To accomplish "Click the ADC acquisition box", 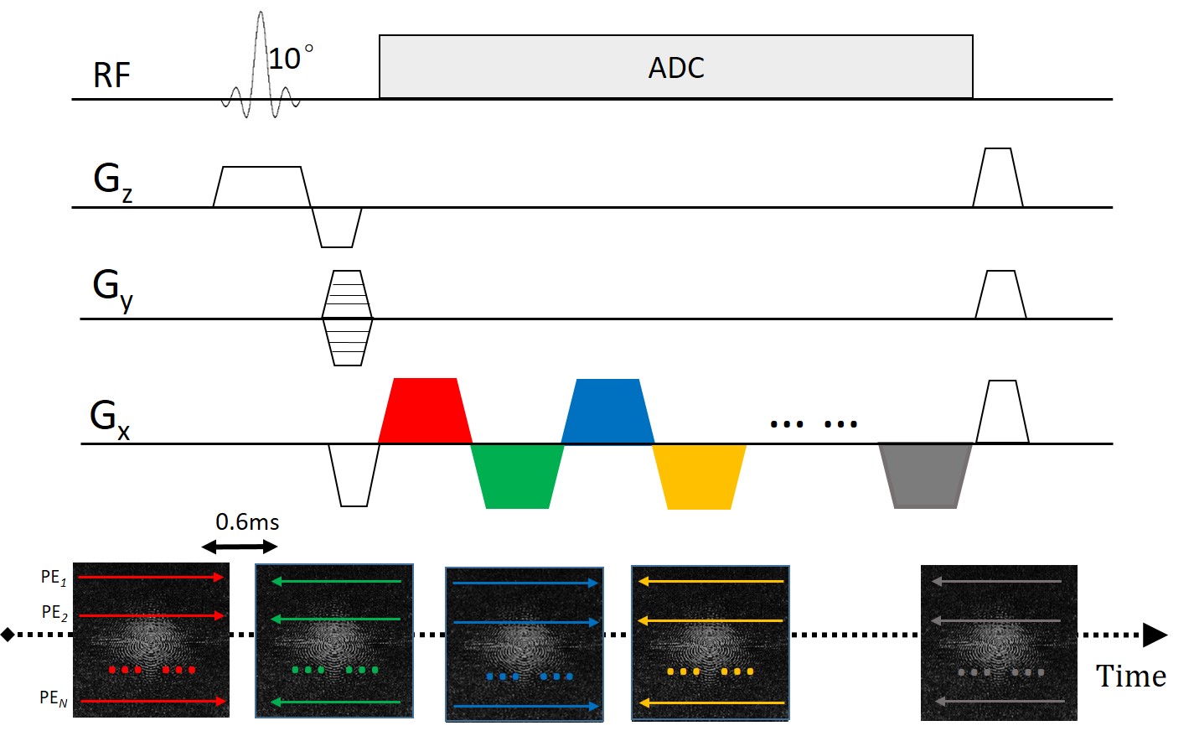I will pyautogui.click(x=675, y=67).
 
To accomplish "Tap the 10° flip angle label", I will pyautogui.click(x=290, y=58).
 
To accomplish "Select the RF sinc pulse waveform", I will pyautogui.click(x=261, y=67).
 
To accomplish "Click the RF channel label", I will pyautogui.click(x=111, y=76).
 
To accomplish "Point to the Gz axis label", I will pyautogui.click(x=111, y=180).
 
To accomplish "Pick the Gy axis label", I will pyautogui.click(x=112, y=288).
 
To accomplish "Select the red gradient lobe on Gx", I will pyautogui.click(x=425, y=412).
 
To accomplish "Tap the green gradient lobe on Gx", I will pyautogui.click(x=517, y=476).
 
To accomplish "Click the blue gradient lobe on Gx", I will pyautogui.click(x=607, y=412).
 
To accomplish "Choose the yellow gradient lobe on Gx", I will pyautogui.click(x=699, y=476).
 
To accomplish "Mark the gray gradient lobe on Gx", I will pyautogui.click(x=925, y=475).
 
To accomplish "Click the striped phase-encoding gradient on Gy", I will pyautogui.click(x=347, y=318).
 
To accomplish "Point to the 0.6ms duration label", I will pyautogui.click(x=247, y=522).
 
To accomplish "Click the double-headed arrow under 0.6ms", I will pyautogui.click(x=240, y=547).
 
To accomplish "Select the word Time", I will pyautogui.click(x=1130, y=677).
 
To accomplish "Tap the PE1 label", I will pyautogui.click(x=53, y=578).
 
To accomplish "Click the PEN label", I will pyautogui.click(x=53, y=698).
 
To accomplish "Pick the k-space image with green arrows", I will pyautogui.click(x=334, y=640).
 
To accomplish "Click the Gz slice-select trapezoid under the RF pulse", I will pyautogui.click(x=259, y=185).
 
